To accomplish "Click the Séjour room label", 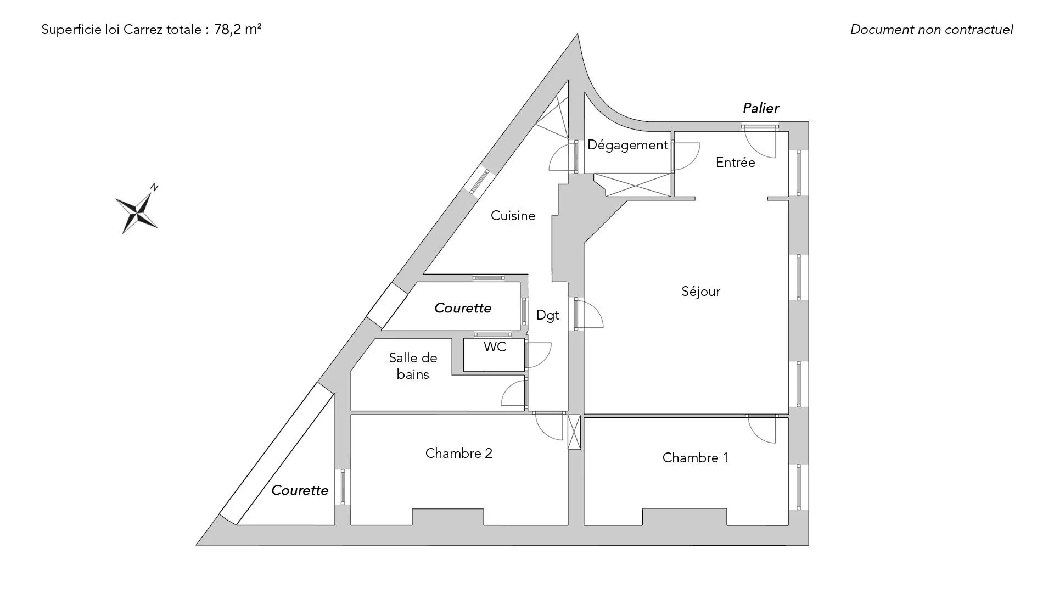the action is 700,292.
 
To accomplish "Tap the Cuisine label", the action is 513,216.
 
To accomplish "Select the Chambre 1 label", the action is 695,458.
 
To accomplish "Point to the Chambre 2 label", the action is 458,454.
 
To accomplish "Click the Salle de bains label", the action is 413,366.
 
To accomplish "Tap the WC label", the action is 495,347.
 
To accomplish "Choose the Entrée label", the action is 735,163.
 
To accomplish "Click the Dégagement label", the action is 627,146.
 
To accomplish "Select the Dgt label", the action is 547,316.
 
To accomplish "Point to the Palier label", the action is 760,108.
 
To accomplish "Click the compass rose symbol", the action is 137,211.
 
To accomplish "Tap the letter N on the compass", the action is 154,188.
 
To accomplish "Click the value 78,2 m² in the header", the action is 238,30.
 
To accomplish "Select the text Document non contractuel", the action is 932,30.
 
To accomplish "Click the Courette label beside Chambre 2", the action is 300,490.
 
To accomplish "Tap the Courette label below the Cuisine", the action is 462,308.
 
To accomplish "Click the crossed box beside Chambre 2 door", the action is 574,432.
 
